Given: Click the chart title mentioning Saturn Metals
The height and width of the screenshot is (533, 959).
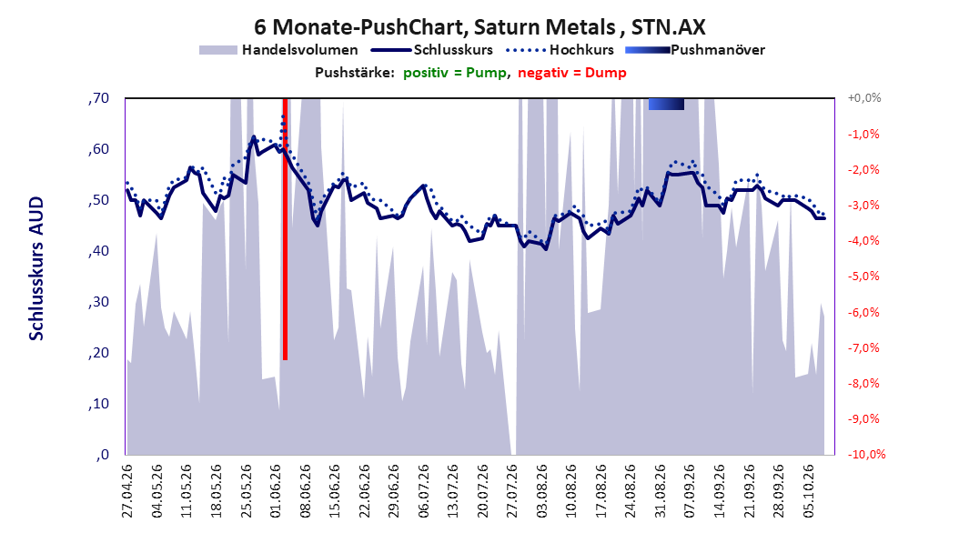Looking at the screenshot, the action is click(479, 27).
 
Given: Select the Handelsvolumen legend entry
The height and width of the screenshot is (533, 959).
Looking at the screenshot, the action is click(278, 50).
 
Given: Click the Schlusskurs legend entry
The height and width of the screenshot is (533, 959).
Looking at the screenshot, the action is click(432, 50).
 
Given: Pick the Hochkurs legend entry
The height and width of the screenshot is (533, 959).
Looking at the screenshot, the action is click(560, 50).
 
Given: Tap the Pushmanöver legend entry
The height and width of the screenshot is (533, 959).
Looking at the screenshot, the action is click(695, 50).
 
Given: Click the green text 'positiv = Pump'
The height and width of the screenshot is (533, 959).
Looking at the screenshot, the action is click(455, 73).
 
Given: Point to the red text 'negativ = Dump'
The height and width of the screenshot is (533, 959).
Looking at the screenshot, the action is click(572, 73).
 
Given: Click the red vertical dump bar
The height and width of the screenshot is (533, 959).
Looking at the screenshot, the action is click(285, 228).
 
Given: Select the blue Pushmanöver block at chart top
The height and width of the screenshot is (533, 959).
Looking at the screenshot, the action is click(666, 104).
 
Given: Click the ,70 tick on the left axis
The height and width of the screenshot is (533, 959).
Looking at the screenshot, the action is click(98, 98).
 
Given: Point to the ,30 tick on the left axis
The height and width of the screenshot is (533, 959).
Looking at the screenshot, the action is click(98, 302).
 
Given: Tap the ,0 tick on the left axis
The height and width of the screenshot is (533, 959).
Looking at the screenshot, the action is click(102, 454).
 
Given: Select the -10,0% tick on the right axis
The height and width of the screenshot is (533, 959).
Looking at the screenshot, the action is click(866, 454).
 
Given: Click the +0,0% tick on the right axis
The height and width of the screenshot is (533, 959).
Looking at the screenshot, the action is click(864, 98).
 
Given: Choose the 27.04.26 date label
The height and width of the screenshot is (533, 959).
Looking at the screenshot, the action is click(127, 491).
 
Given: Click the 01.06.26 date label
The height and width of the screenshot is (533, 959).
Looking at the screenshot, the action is click(276, 491).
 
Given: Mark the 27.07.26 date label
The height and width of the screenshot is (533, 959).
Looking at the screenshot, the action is click(512, 491).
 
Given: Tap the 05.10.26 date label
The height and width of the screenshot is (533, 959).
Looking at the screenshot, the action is click(809, 491).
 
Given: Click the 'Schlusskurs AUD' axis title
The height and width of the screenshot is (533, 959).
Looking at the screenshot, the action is click(36, 269).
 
